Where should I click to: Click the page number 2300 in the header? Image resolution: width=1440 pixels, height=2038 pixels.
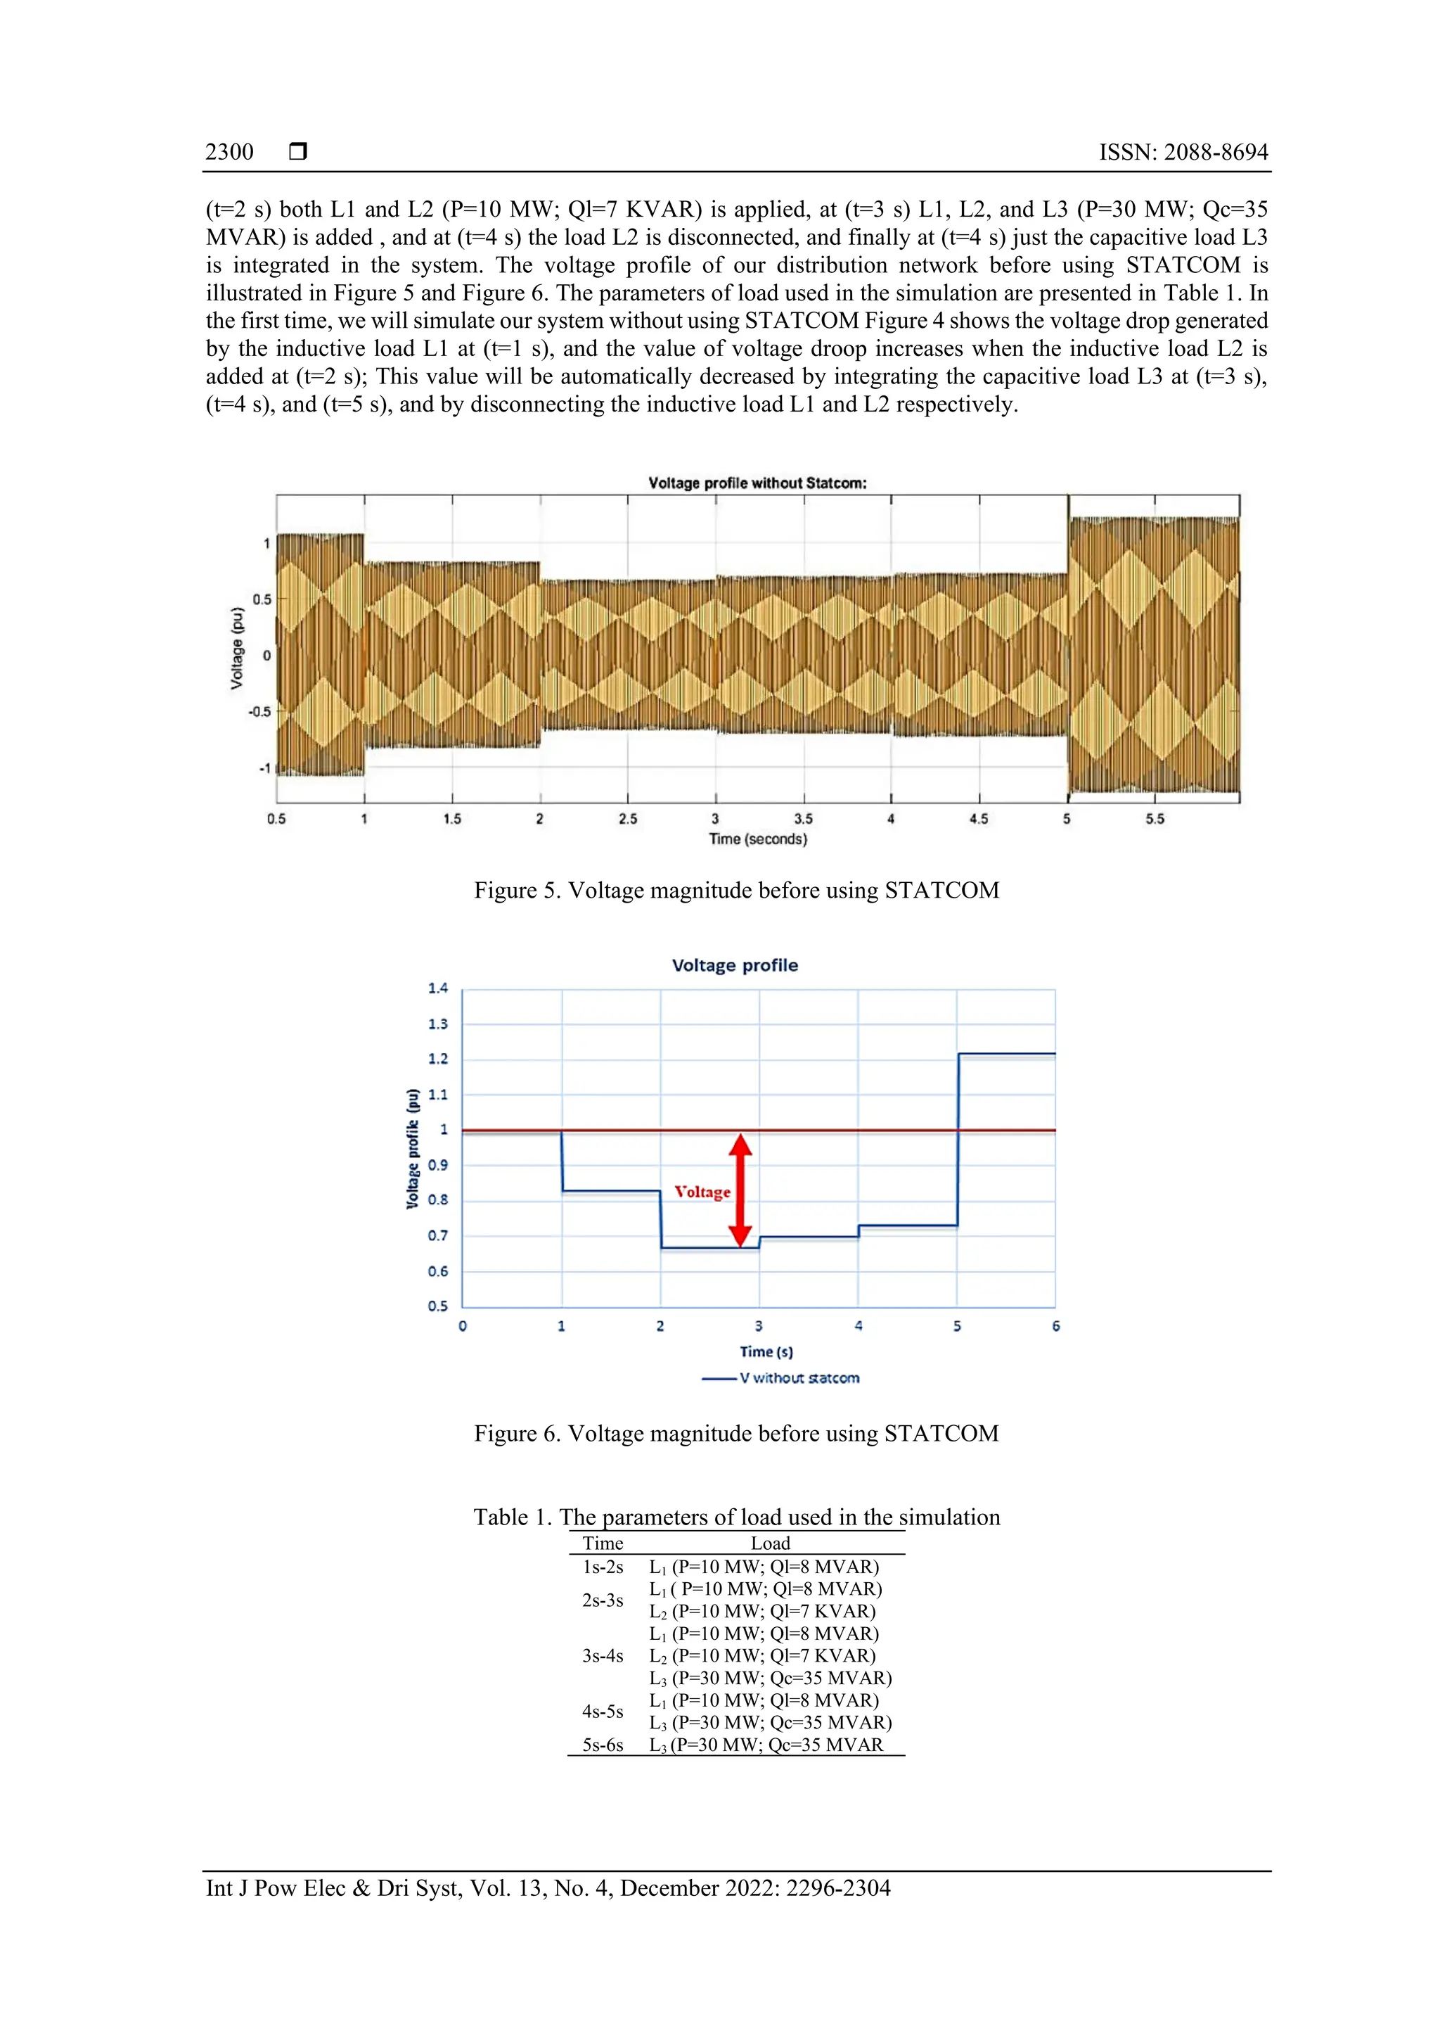tap(229, 152)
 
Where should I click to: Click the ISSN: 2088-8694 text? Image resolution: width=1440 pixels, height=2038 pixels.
tap(1183, 152)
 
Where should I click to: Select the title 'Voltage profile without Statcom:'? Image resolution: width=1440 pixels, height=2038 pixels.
tap(757, 483)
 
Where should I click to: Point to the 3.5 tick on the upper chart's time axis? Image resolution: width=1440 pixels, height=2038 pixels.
tap(803, 818)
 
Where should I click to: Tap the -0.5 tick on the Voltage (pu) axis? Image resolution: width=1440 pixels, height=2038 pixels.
tap(259, 712)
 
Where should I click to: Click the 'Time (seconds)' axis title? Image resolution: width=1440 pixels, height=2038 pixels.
tap(758, 839)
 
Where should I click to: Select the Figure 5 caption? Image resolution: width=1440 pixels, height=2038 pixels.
tap(735, 891)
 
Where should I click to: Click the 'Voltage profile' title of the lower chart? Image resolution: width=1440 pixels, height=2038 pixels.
tap(735, 965)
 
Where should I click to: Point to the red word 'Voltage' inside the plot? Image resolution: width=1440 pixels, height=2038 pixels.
tap(702, 1192)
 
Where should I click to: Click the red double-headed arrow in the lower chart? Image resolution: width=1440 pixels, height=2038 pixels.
tap(741, 1190)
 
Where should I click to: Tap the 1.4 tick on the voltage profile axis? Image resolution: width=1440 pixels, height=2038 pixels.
tap(437, 988)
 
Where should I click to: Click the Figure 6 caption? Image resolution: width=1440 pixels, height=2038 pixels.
tap(735, 1434)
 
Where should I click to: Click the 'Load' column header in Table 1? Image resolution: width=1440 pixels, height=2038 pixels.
tap(769, 1543)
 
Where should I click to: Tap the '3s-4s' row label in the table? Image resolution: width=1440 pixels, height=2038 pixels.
tap(603, 1655)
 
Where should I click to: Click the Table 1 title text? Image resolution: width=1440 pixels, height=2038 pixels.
tap(735, 1517)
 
